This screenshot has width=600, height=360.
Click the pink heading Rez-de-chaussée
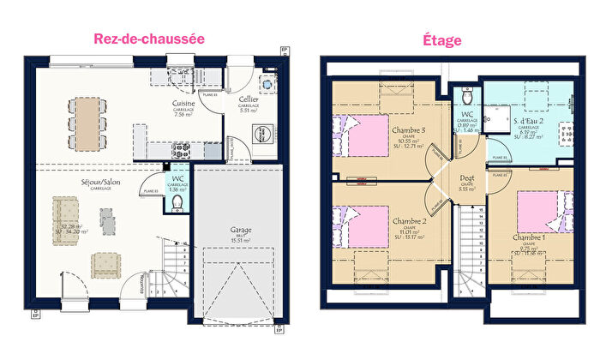click(x=147, y=39)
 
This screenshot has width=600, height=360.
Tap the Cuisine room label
click(x=183, y=104)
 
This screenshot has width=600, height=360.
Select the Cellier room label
click(x=249, y=99)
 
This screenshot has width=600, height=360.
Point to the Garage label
click(x=240, y=230)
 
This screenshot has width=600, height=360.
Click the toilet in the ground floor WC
click(x=177, y=202)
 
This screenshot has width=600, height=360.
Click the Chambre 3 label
click(x=409, y=130)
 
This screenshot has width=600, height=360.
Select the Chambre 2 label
click(x=410, y=220)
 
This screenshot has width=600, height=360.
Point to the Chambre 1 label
click(x=528, y=236)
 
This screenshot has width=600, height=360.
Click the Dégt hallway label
click(x=466, y=178)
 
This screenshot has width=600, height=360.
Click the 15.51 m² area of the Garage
click(x=240, y=241)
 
